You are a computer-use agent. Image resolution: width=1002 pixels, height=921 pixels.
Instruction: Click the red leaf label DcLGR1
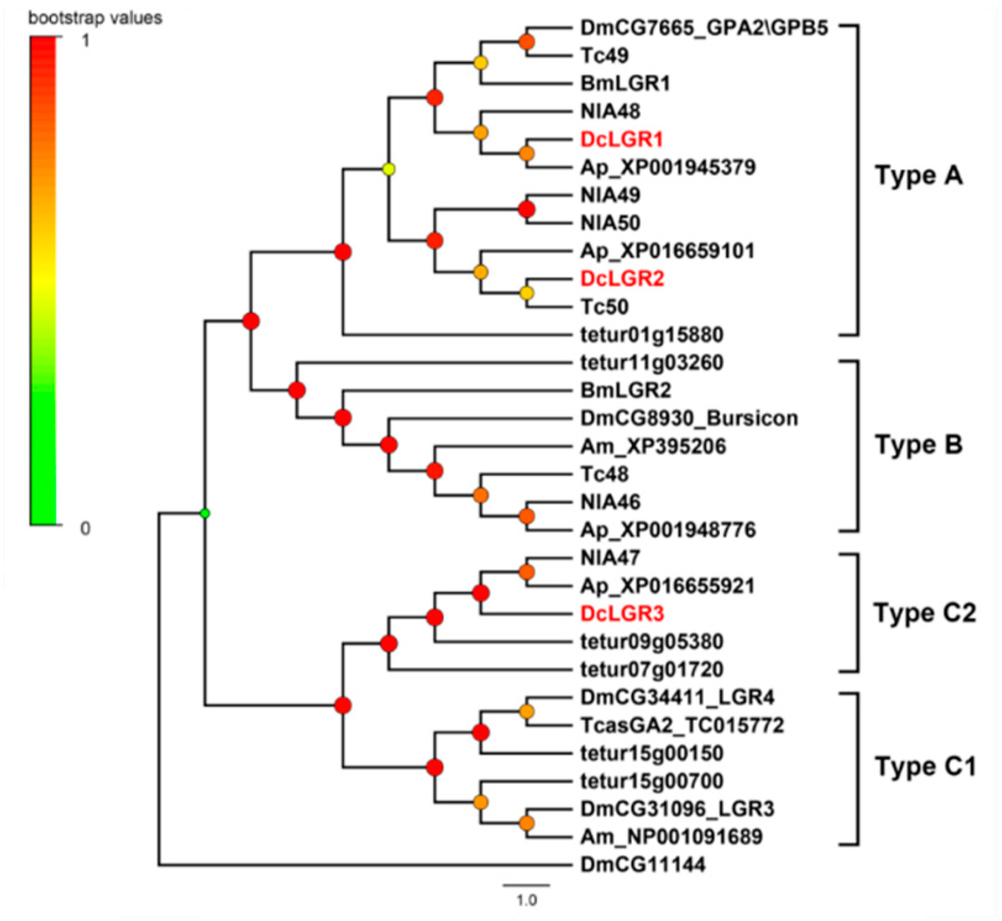[x=621, y=139]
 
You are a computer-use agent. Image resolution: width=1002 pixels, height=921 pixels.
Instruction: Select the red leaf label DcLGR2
[x=622, y=279]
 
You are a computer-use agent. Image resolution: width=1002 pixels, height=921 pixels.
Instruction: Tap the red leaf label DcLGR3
[x=622, y=613]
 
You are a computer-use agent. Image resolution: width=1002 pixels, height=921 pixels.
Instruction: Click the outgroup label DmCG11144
[x=642, y=864]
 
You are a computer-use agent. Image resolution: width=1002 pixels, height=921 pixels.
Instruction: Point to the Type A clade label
[x=919, y=175]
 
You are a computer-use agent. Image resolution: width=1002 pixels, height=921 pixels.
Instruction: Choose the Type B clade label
[x=919, y=445]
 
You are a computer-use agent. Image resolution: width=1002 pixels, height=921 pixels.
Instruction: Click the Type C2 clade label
[x=925, y=613]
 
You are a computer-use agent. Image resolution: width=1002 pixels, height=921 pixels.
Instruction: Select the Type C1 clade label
[x=925, y=767]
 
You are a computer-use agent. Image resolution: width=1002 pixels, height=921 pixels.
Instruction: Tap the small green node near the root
[x=206, y=513]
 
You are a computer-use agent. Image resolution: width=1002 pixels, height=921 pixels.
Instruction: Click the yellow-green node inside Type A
[x=389, y=169]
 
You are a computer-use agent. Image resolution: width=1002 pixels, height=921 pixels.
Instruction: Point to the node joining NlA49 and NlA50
[x=526, y=209]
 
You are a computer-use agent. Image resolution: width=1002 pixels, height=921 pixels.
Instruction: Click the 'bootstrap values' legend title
[x=95, y=18]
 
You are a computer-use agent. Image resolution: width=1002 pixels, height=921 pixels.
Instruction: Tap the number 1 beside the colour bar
[x=85, y=41]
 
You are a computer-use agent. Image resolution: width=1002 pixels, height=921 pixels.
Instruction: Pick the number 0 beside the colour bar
[x=85, y=528]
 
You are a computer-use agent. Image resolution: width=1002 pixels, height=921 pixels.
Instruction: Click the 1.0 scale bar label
[x=526, y=901]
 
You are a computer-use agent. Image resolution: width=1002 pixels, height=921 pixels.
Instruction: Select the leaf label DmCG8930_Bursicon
[x=689, y=418]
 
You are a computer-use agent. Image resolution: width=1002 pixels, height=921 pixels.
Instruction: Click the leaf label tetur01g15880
[x=652, y=335]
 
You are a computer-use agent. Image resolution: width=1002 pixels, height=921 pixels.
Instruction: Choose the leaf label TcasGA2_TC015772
[x=682, y=725]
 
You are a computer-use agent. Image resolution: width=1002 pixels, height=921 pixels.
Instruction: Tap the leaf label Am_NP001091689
[x=672, y=837]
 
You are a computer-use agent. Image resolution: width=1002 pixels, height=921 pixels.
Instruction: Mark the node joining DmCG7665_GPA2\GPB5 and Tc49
[x=526, y=42]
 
